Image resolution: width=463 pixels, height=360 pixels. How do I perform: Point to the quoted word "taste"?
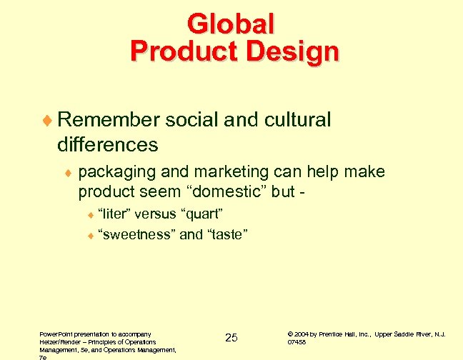coord(224,234)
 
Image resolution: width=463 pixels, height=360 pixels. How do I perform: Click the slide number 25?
coord(231,337)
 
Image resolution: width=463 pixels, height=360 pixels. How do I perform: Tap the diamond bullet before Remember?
coord(47,121)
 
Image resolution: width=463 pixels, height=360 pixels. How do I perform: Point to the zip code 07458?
coord(297,342)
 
